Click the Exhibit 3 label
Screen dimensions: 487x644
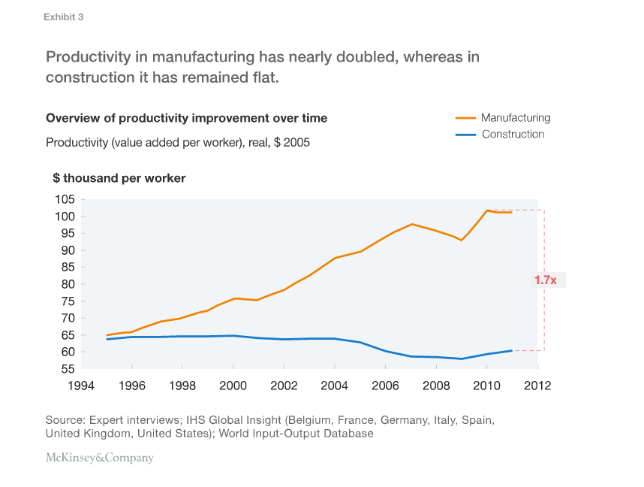(x=63, y=17)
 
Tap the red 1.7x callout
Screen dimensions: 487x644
(x=546, y=280)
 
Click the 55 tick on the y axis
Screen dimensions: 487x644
(x=67, y=369)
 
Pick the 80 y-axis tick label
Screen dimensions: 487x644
(x=67, y=284)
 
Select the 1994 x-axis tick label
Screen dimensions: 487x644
(x=82, y=386)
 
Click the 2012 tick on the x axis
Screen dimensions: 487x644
(x=537, y=386)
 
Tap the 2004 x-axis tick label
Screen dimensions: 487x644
(x=335, y=386)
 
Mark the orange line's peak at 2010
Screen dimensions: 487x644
(x=487, y=210)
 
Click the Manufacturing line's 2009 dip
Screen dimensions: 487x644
(x=462, y=240)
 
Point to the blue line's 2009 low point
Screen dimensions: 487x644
(x=462, y=358)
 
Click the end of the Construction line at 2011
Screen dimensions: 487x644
(x=512, y=350)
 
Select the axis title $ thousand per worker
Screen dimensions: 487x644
(x=119, y=178)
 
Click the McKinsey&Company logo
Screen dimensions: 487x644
(x=99, y=458)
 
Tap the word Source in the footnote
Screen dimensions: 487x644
(x=65, y=419)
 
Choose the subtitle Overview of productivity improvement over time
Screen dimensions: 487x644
(x=186, y=118)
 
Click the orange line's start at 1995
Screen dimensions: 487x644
(x=107, y=335)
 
